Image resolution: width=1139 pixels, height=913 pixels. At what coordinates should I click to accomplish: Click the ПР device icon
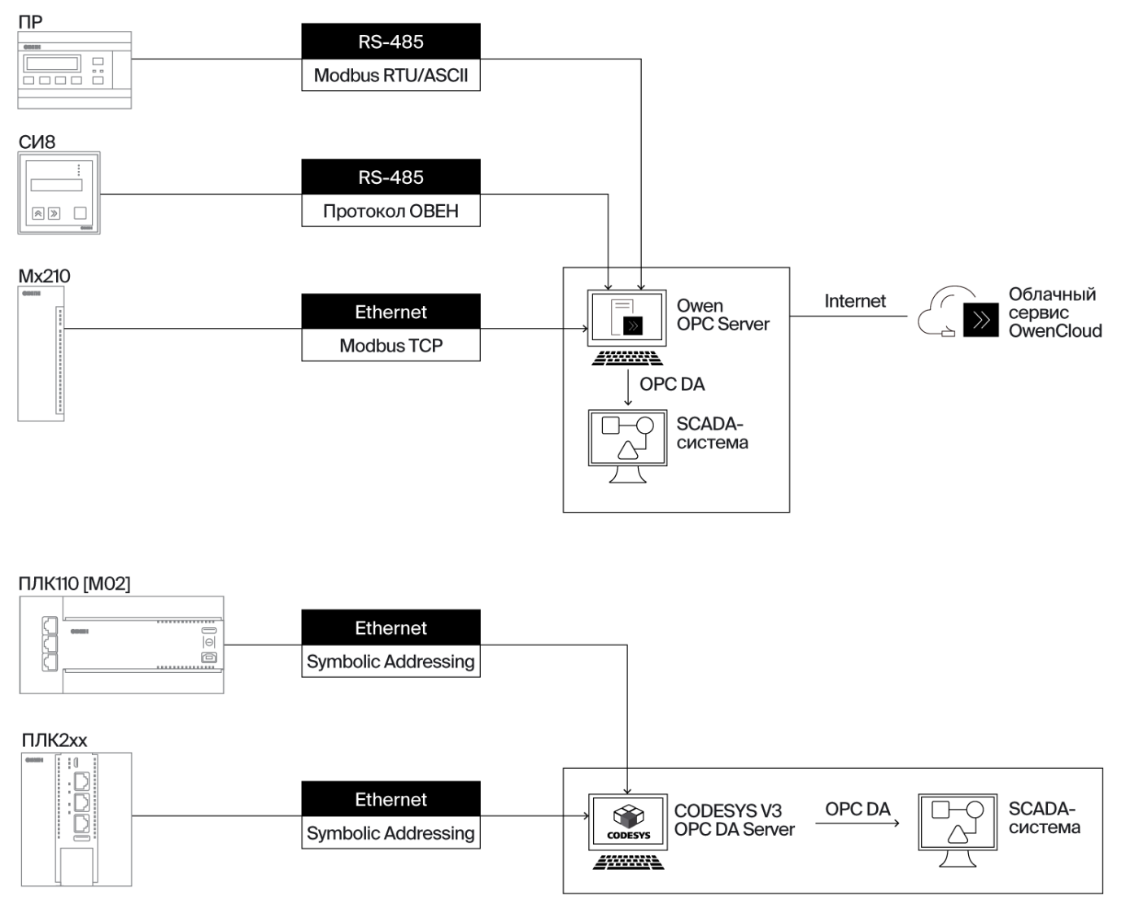coord(74,70)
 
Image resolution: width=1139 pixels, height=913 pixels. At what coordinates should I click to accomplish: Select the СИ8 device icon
coord(59,193)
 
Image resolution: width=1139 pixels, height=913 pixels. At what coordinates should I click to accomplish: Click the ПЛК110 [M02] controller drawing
coord(121,644)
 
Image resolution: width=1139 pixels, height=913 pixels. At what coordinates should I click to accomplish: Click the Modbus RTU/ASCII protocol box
coord(391,76)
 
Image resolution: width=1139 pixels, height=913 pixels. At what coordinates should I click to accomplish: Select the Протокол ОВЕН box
coord(391,211)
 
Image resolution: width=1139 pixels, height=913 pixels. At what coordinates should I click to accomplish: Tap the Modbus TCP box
coord(391,346)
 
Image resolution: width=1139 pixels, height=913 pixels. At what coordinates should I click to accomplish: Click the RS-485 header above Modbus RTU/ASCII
coord(391,41)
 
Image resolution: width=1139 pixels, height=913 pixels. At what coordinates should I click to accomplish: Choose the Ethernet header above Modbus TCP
coord(391,312)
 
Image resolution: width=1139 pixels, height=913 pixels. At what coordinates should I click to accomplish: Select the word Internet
coord(854,301)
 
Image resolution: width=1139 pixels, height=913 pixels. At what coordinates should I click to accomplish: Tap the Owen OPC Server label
coord(722,315)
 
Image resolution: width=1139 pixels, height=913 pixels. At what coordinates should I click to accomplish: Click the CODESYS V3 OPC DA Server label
coord(734,820)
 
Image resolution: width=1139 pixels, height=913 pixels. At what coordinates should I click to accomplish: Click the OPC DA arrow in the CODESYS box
coord(858,823)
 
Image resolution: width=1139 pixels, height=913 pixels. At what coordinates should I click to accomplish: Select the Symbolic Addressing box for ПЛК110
coord(391,662)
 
